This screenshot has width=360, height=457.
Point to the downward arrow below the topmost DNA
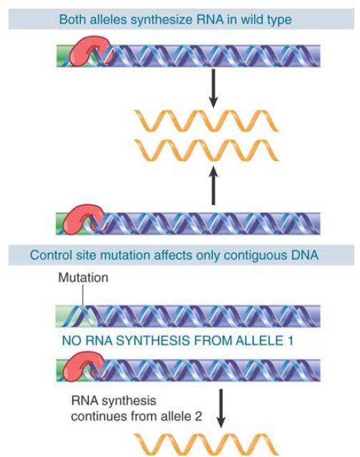(x=213, y=88)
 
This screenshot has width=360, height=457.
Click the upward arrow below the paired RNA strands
(x=213, y=185)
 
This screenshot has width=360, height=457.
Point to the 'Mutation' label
(x=83, y=277)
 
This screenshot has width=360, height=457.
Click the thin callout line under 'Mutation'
(x=83, y=295)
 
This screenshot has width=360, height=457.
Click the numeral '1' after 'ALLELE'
(x=289, y=340)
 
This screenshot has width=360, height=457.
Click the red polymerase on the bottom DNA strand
(x=84, y=366)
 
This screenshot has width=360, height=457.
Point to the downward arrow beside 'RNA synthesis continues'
(x=221, y=408)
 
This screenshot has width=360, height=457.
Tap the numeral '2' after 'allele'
(x=198, y=416)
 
